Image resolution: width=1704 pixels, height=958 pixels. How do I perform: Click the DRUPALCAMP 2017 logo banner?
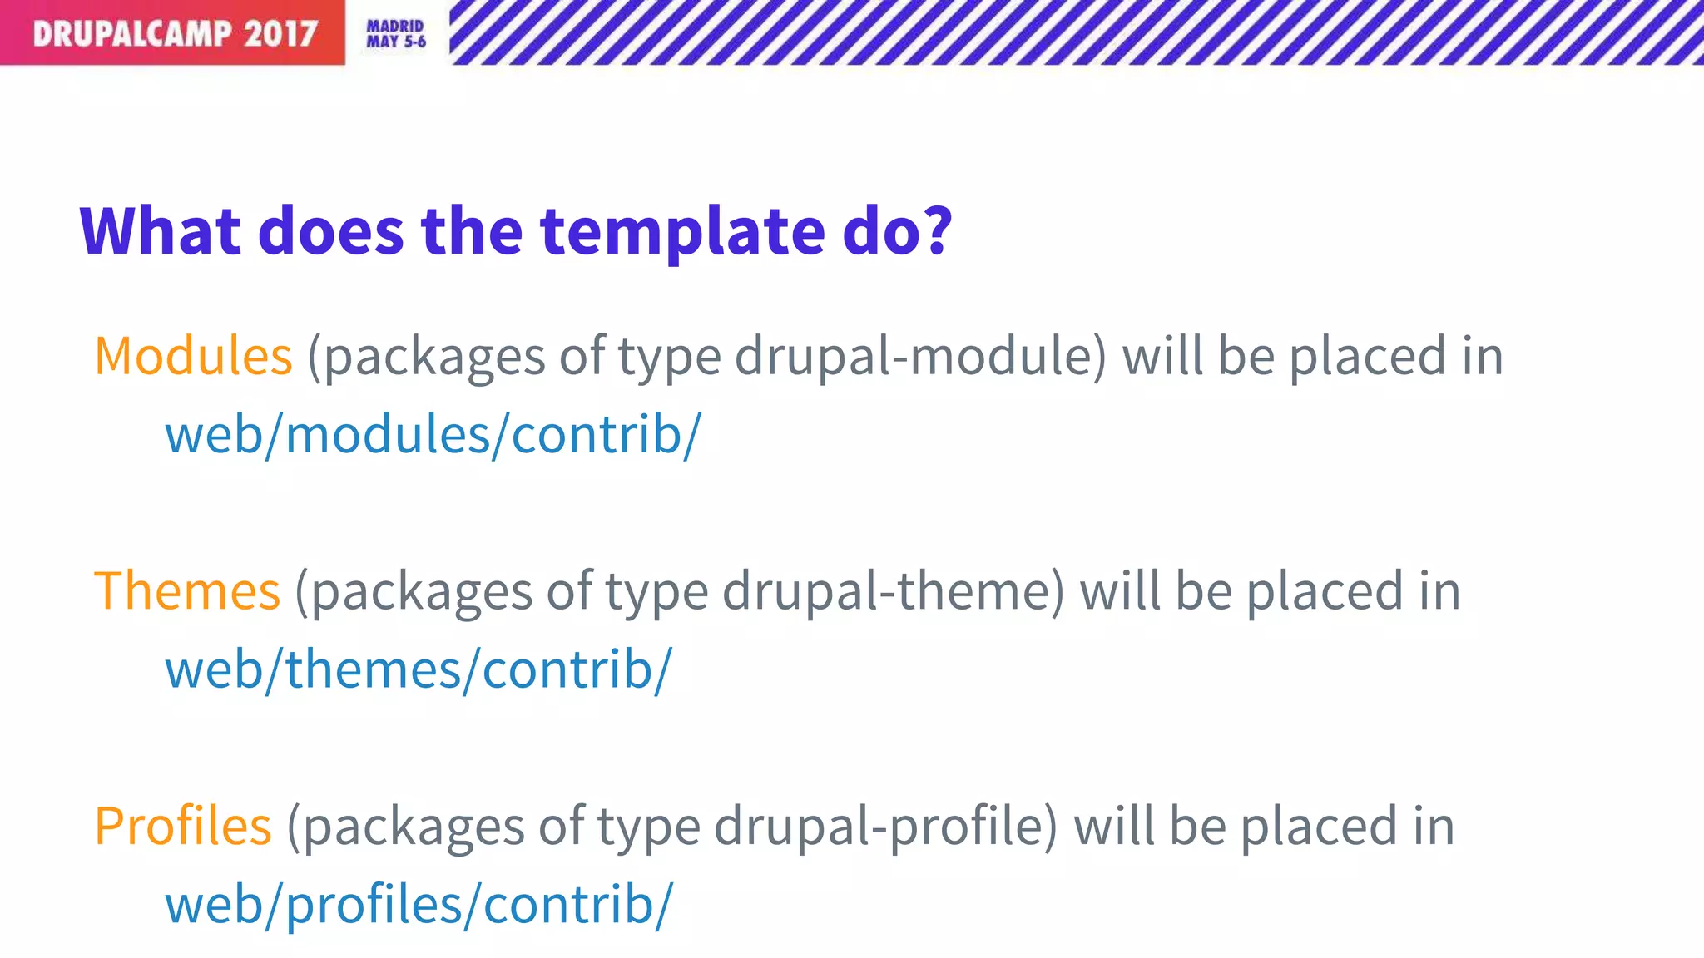click(x=172, y=33)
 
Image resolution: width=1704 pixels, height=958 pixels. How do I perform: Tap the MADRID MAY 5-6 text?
click(x=396, y=34)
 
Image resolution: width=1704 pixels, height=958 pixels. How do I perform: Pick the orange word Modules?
click(x=193, y=356)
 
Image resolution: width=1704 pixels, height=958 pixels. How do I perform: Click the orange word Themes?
click(x=187, y=591)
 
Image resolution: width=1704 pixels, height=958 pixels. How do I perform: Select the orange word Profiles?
click(x=183, y=827)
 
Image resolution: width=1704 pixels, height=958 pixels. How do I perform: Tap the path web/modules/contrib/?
click(x=433, y=435)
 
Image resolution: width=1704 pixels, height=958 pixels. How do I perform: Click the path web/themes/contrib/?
click(x=419, y=670)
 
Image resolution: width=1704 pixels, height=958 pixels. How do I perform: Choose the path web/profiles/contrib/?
click(x=419, y=906)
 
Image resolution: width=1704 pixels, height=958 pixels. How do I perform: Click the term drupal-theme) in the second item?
click(x=893, y=591)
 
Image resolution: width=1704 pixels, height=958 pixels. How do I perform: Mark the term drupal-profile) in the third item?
click(x=886, y=827)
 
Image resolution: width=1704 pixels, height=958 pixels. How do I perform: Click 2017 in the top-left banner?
click(x=280, y=34)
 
